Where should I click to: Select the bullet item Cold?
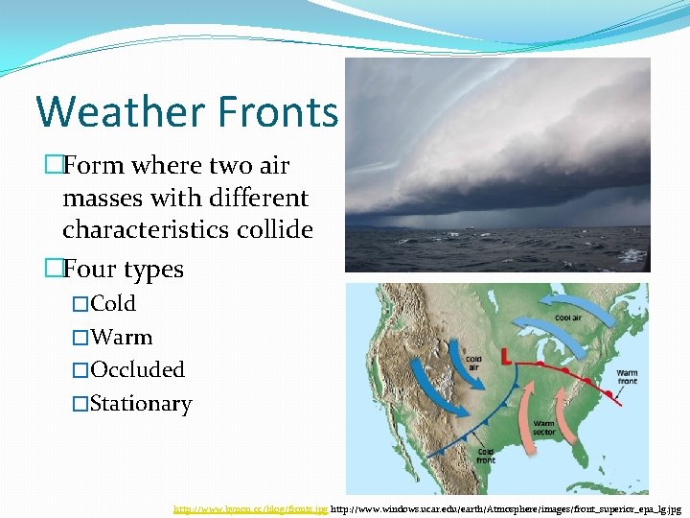113,304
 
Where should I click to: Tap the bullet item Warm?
121,338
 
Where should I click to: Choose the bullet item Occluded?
137,370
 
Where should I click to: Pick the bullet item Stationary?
141,404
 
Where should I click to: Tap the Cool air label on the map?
567,318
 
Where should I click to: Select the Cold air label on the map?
473,361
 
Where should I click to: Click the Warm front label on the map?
627,377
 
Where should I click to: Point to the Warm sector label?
544,426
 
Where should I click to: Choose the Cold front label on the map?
486,456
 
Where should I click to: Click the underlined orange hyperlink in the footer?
249,508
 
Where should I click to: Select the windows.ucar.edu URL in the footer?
505,508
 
